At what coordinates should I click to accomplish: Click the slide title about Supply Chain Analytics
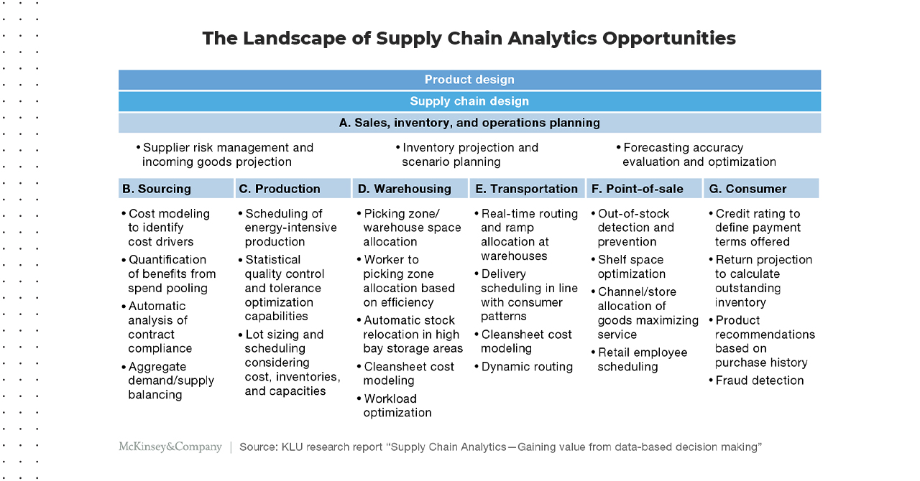pos(469,38)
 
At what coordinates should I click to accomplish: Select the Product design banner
pos(469,80)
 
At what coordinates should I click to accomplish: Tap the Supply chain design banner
pos(469,101)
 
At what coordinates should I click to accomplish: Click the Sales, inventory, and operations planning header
pos(469,123)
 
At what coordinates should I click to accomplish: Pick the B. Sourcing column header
pos(176,188)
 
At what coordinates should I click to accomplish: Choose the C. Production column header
pos(293,188)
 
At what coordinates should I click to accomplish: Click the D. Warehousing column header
pos(410,188)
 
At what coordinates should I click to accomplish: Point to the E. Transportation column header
pos(527,188)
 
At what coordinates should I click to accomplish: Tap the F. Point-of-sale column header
pos(644,188)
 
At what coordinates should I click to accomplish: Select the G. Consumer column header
pos(761,188)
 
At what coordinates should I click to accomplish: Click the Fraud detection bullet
pos(756,380)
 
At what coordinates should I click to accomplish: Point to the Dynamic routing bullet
pos(523,367)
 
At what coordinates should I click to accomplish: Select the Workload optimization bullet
pos(395,406)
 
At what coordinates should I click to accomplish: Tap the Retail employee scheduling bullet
pos(639,360)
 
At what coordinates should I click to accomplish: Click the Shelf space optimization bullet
pos(628,267)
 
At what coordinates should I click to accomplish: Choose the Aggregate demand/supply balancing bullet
pos(168,380)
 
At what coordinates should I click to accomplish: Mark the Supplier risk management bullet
pos(225,155)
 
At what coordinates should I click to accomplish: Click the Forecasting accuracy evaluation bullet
pos(696,155)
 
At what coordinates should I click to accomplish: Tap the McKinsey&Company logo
pos(170,447)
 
